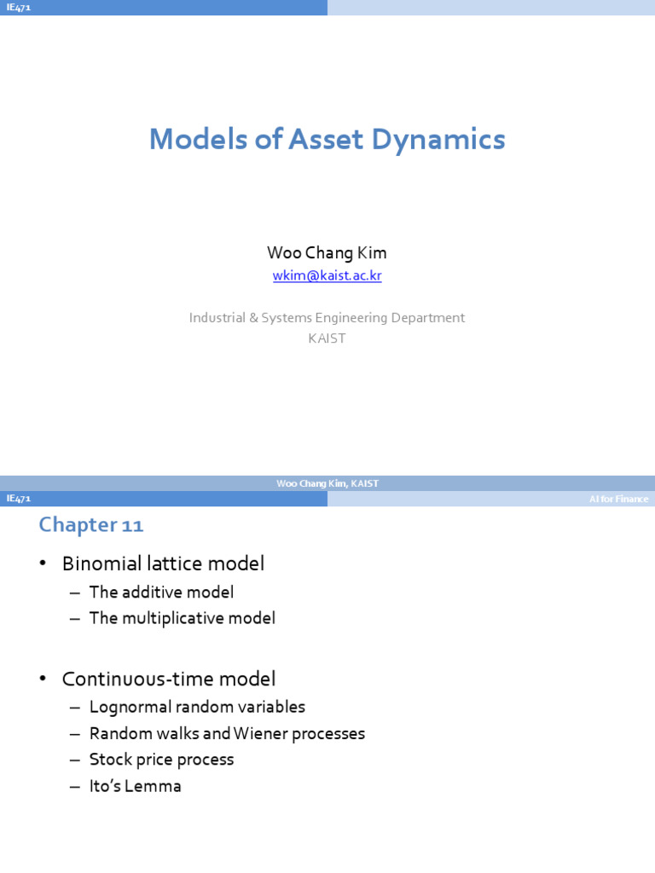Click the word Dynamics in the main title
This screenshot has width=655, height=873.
(438, 140)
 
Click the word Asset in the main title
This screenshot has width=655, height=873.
(326, 139)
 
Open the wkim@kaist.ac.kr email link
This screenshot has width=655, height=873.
(327, 275)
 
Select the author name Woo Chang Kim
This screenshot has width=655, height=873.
(327, 252)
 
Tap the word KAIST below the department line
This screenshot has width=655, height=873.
(327, 338)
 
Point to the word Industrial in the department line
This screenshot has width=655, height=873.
(217, 317)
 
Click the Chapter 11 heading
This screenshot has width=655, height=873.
(91, 524)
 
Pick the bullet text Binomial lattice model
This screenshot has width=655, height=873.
(163, 564)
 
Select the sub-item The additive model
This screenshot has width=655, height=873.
(161, 592)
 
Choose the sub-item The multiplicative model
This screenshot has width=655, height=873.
(183, 618)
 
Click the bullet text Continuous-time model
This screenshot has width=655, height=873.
(169, 679)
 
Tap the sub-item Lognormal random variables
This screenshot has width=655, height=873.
(197, 707)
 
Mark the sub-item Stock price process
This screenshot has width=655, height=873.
(161, 760)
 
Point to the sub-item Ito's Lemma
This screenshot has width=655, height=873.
(136, 785)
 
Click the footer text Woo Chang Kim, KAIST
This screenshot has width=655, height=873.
(327, 483)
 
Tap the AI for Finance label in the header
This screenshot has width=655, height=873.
(619, 499)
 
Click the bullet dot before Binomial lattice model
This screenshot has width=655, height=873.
(43, 564)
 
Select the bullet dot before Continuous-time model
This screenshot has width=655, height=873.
(43, 679)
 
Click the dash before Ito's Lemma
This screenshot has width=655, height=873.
(75, 787)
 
